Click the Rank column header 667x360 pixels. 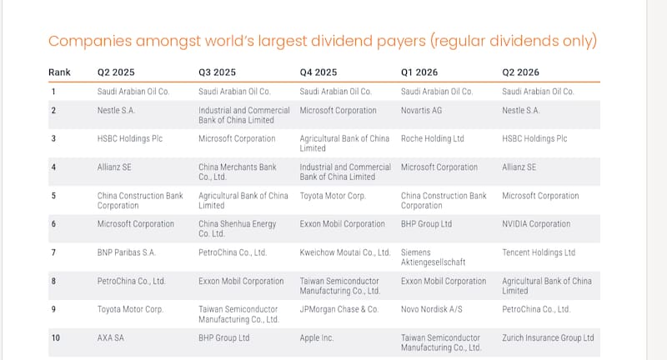(59, 72)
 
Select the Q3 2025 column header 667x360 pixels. (217, 72)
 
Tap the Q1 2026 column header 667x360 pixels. (419, 72)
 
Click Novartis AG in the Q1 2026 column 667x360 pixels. (421, 111)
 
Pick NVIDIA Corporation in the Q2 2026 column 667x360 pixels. (536, 224)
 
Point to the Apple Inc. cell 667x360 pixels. (317, 337)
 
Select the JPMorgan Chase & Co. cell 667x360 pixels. (339, 309)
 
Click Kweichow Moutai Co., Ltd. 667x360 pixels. (345, 252)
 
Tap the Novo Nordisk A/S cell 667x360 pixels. (431, 309)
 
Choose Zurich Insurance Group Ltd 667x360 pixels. (548, 337)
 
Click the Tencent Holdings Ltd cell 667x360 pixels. (539, 252)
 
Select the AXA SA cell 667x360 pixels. (111, 337)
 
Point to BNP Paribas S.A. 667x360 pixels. (127, 252)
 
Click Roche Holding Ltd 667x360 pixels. (432, 138)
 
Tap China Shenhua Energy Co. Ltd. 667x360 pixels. (238, 228)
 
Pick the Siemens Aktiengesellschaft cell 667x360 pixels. (433, 257)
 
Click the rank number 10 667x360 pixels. (56, 337)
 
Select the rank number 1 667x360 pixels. (53, 92)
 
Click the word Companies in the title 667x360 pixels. (90, 41)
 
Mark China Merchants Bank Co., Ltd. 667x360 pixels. (238, 172)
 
